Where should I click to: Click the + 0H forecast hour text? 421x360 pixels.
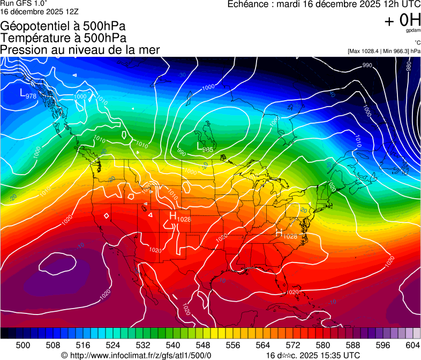402,21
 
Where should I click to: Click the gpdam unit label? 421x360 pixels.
414,31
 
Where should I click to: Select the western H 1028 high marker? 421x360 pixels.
179,217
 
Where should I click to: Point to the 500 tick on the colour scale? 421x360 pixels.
23,344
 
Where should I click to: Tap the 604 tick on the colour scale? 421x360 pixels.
412,344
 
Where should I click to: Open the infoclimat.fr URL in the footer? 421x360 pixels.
140,355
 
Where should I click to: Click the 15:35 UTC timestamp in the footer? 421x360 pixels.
337,355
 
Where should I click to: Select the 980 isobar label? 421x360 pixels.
408,66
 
